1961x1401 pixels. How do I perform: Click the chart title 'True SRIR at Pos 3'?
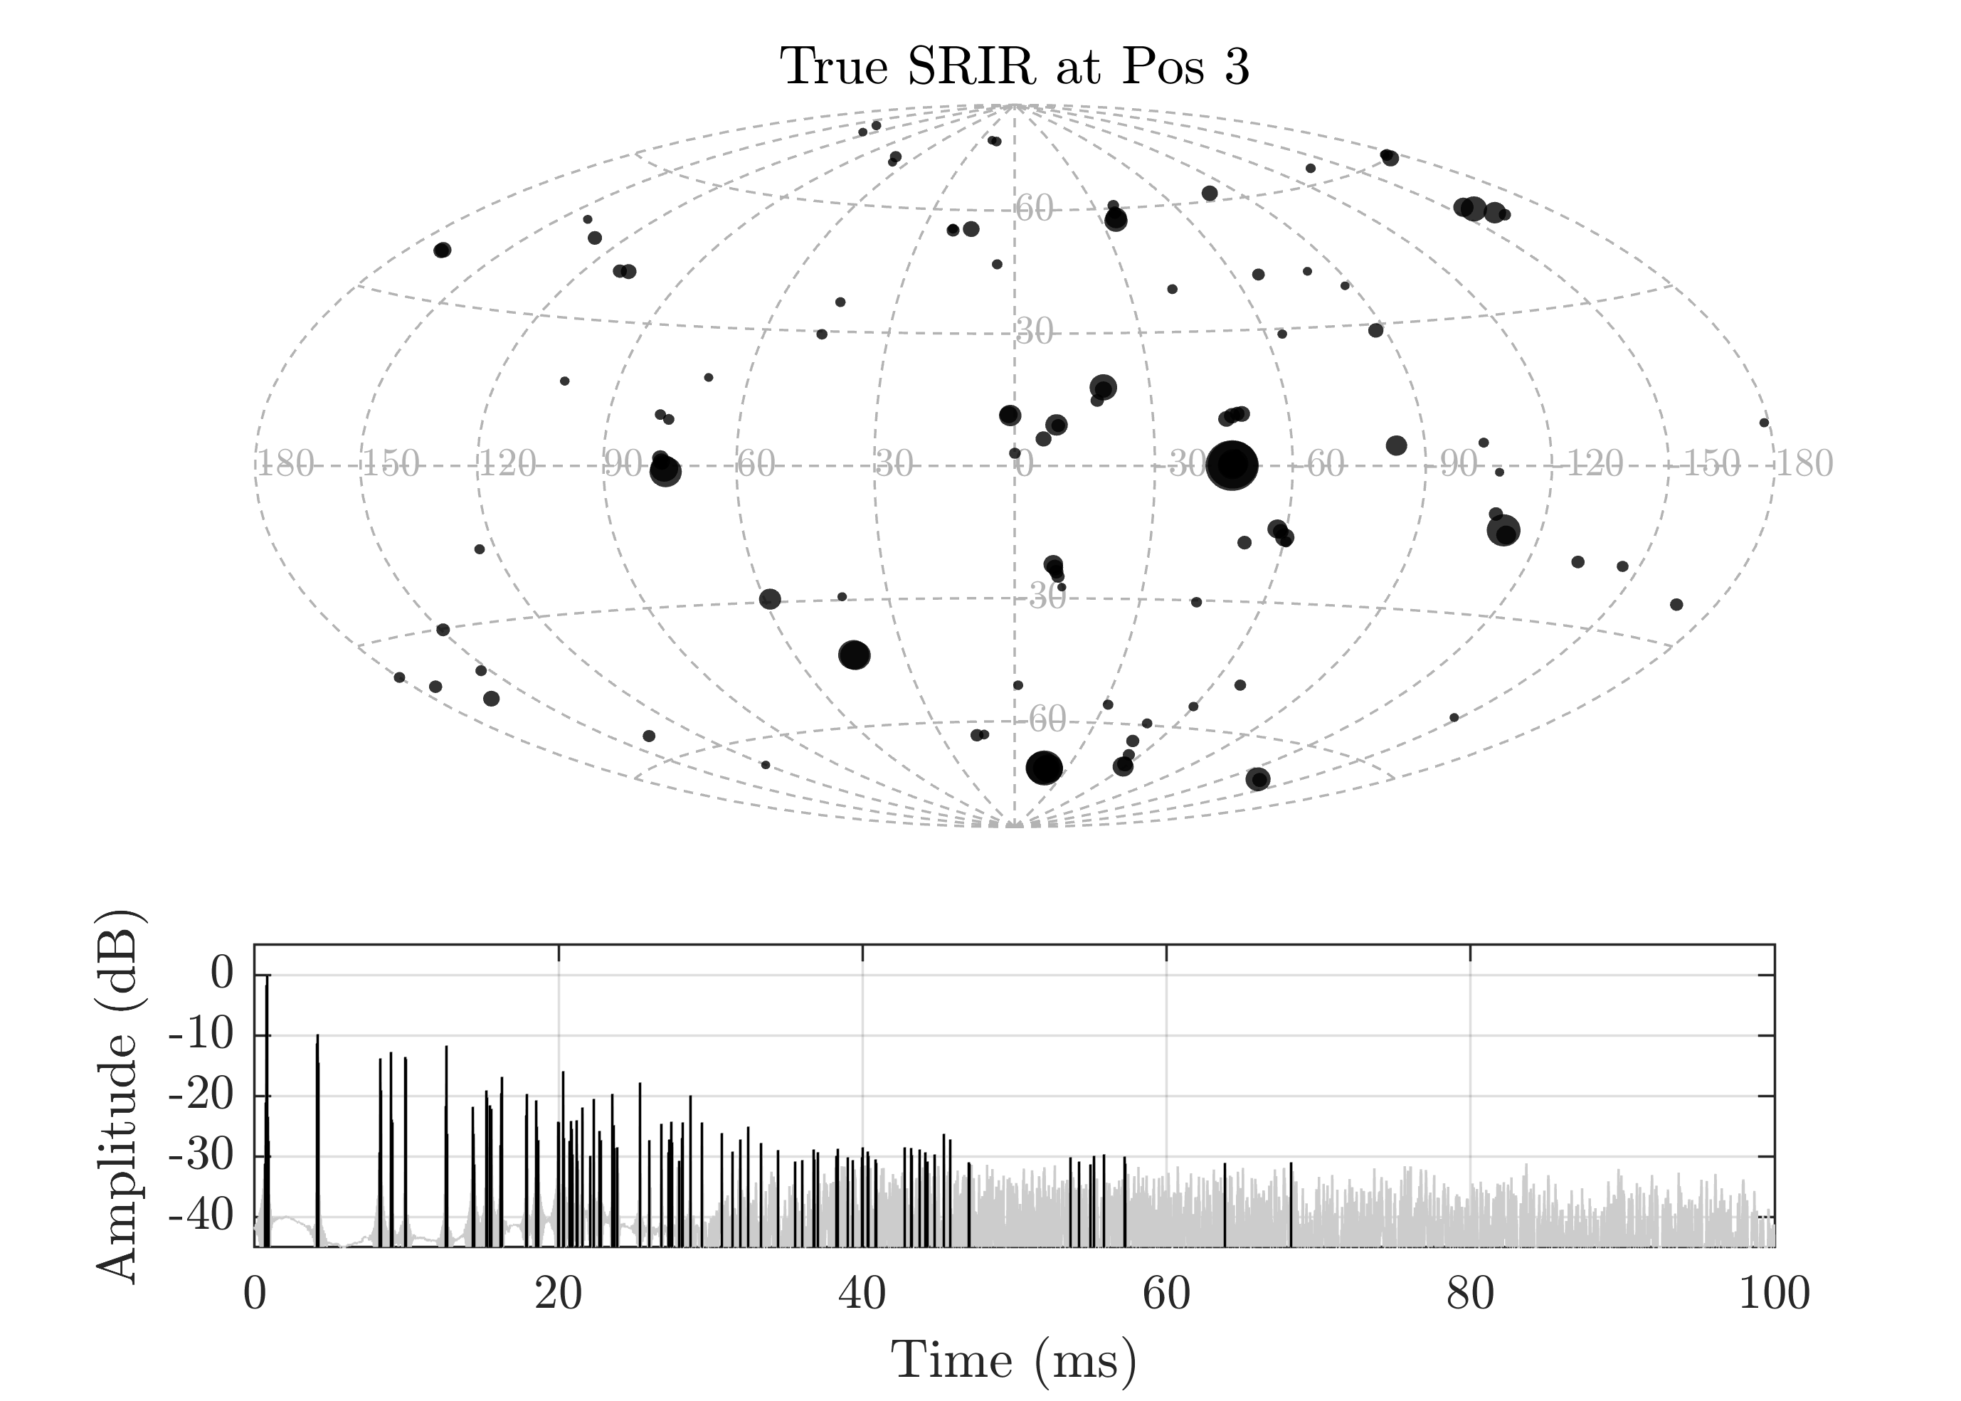point(1014,66)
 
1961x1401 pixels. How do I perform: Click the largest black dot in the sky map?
point(1232,465)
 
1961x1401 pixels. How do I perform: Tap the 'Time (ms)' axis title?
point(1014,1360)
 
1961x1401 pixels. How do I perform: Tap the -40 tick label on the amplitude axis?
point(200,1217)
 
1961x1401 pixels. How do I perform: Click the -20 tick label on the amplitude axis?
point(200,1096)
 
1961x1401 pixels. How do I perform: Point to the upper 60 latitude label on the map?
point(1034,208)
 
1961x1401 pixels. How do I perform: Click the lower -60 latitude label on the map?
point(1047,719)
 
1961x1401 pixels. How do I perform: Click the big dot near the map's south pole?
point(1044,767)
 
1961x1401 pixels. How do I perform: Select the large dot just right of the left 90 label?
point(665,471)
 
